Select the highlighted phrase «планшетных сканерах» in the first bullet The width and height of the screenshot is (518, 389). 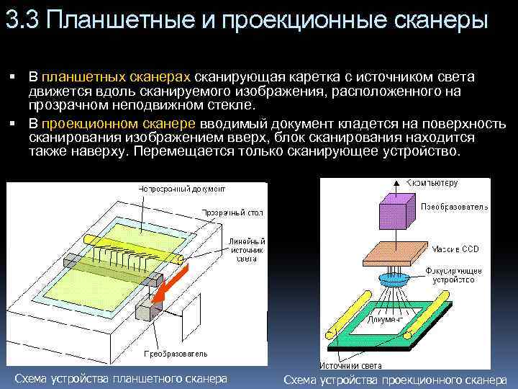coord(117,77)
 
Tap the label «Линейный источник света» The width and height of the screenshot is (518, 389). coord(247,249)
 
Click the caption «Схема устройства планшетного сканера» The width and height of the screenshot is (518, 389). coord(121,378)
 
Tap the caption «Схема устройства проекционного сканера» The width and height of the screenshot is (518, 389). coord(395,380)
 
